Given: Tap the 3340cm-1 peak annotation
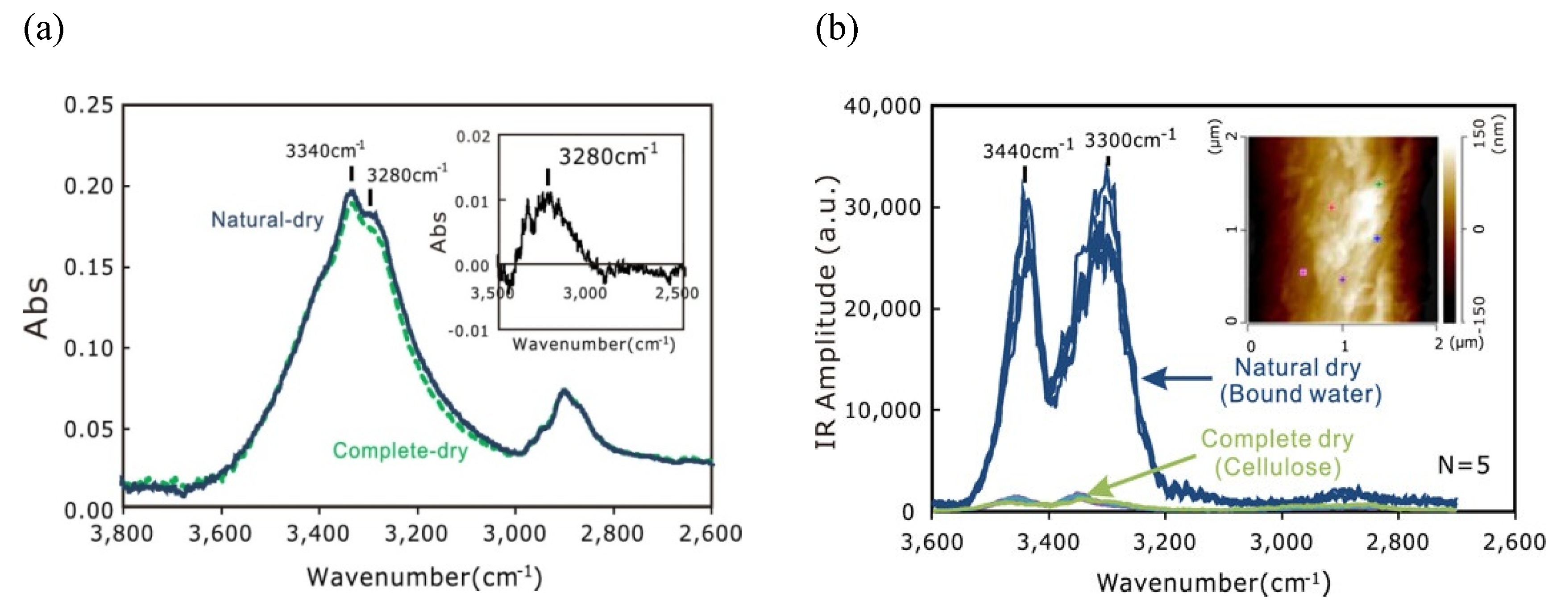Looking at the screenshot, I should (x=325, y=149).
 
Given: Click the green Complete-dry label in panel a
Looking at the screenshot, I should (x=400, y=450).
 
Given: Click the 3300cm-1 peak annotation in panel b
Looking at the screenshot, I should (x=1130, y=140).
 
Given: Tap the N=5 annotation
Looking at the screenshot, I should (x=1463, y=465).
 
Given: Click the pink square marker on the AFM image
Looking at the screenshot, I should (x=1303, y=272).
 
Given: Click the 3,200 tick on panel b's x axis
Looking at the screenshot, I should (x=1165, y=541).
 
